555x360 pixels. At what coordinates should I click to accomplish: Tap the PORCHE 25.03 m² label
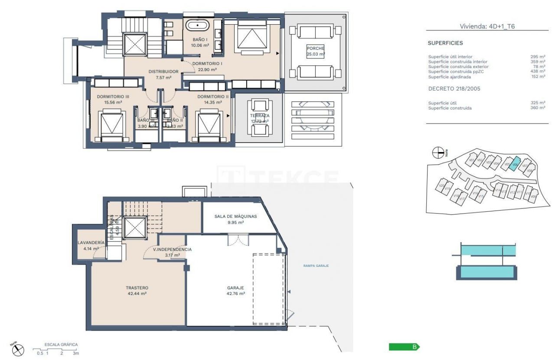click(315, 51)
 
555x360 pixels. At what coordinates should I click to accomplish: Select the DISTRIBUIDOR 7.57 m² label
click(163, 75)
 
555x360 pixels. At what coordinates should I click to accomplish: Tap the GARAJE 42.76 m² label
click(236, 290)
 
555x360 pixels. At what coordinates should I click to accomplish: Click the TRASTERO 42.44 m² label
click(137, 290)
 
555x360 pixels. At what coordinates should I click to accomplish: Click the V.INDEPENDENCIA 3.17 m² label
click(172, 252)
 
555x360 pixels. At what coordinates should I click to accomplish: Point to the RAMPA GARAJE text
click(316, 266)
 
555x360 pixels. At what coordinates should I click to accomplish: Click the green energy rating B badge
click(404, 347)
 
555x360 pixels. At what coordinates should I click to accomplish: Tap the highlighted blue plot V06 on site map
click(515, 164)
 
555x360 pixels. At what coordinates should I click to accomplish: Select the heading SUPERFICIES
click(445, 43)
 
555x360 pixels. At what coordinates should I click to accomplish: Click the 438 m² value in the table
click(538, 71)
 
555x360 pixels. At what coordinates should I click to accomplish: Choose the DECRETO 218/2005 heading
click(454, 88)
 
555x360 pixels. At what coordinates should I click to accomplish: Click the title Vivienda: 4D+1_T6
click(487, 26)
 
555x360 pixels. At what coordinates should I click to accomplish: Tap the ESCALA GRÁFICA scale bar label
click(61, 345)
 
